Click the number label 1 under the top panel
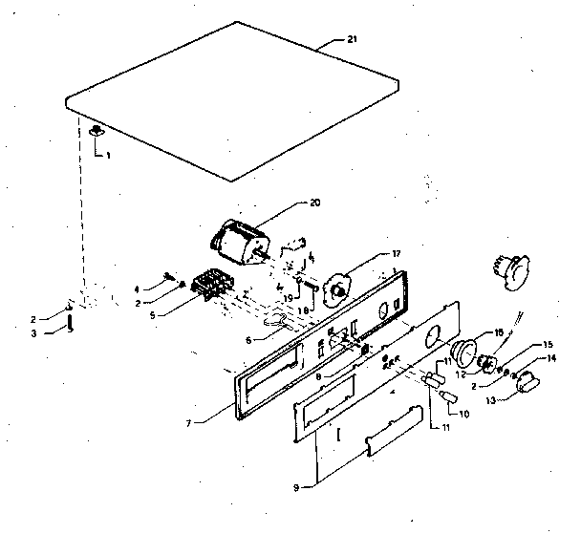(109, 155)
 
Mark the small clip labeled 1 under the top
(97, 132)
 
